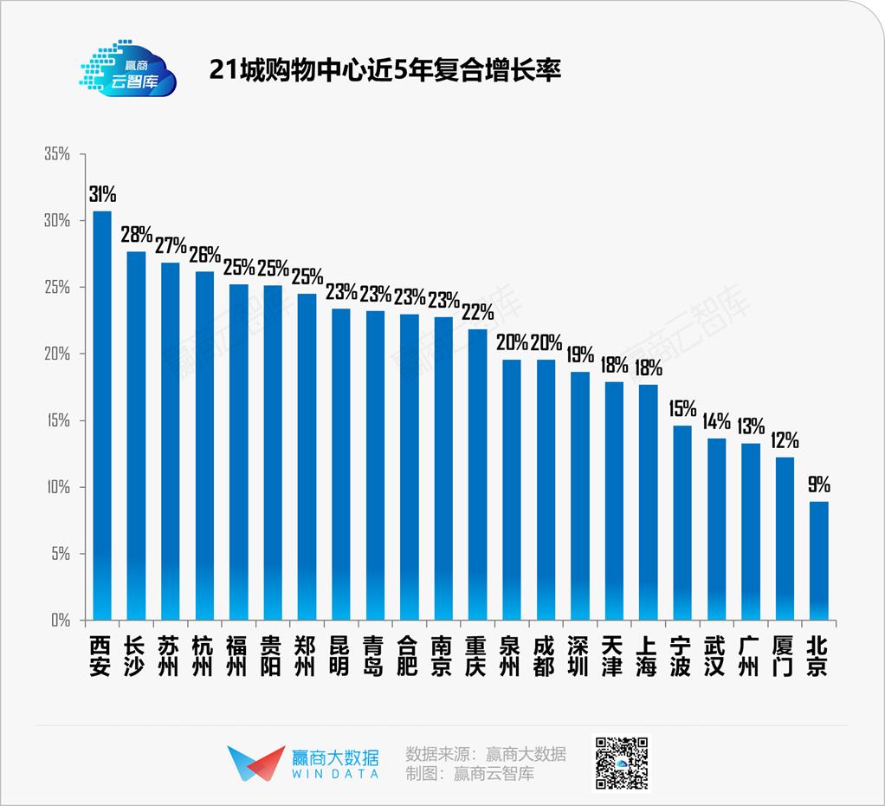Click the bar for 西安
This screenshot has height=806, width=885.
102,416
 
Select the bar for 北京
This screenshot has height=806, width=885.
818,561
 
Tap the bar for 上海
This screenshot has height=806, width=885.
648,503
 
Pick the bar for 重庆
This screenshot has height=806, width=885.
477,475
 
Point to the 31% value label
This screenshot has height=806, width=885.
102,194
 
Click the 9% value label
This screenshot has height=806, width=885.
819,484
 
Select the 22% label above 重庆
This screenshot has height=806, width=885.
477,312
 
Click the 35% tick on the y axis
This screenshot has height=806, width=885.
57,154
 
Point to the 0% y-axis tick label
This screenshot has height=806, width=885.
61,621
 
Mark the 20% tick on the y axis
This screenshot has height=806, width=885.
57,354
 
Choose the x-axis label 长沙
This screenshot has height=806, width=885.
136,657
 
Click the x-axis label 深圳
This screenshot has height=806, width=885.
579,657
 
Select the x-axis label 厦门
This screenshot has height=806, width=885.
785,657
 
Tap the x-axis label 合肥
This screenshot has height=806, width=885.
409,657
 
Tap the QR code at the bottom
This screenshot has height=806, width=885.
620,763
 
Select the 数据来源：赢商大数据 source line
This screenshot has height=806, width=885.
486,752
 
